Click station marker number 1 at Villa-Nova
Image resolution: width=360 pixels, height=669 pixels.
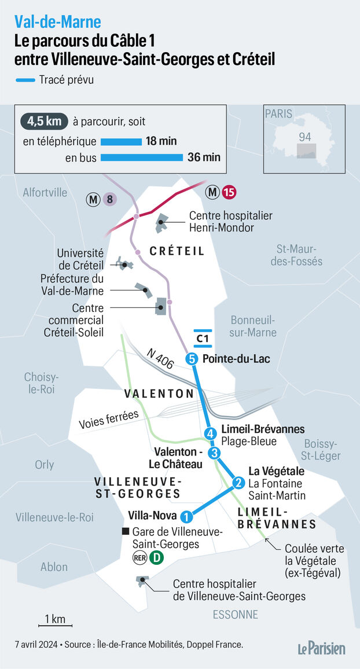click(x=186, y=517)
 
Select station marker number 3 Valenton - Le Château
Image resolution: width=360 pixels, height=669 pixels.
click(x=215, y=453)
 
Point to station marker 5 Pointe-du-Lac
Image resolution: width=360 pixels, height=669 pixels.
click(x=192, y=359)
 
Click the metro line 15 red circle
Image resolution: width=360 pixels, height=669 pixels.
click(x=229, y=192)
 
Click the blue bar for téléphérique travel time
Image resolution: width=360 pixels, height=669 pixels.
click(x=121, y=142)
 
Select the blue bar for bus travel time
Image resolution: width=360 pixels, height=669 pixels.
click(x=142, y=157)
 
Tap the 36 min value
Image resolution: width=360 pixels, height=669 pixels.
click(x=204, y=157)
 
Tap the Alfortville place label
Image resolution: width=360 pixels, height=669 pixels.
click(x=46, y=192)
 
